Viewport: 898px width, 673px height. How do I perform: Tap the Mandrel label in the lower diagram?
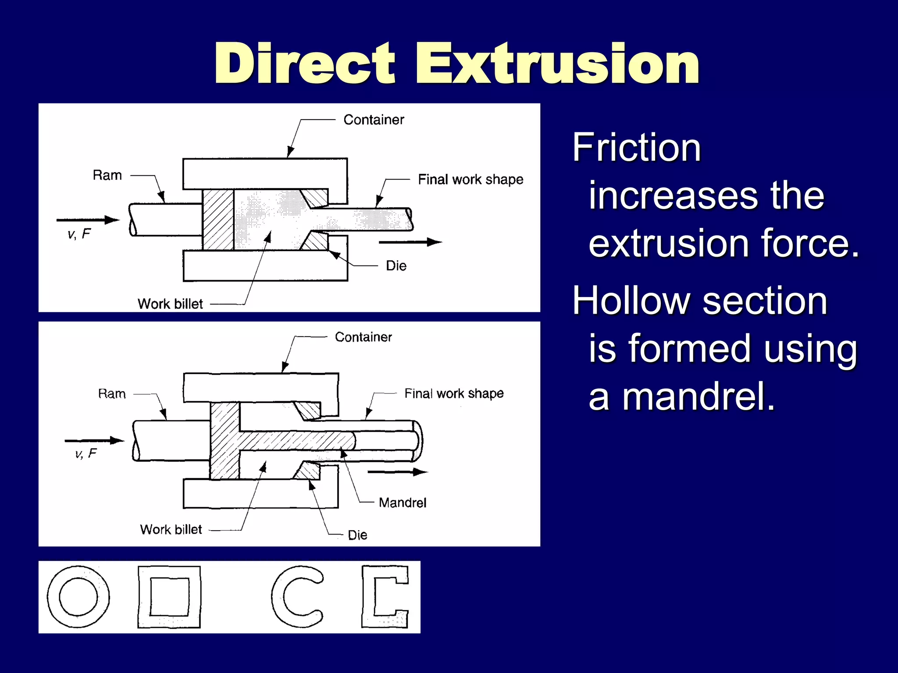coord(402,503)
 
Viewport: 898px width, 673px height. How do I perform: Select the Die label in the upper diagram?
coord(396,266)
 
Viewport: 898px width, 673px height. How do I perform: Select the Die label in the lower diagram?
coord(357,535)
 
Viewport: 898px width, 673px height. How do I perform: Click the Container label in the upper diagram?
coord(374,120)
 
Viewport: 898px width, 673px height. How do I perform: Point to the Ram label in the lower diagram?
coord(112,394)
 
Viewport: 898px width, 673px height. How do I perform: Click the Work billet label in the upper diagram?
coord(170,304)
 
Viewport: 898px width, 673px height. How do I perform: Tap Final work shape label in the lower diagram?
coord(454,393)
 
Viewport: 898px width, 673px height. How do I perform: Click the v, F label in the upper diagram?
coord(79,234)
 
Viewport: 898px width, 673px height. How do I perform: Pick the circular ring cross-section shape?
coord(78,597)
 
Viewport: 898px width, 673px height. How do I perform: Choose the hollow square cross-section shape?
coord(169,597)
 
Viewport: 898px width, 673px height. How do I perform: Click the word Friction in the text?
coord(637,148)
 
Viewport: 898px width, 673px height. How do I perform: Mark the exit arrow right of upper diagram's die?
coord(410,242)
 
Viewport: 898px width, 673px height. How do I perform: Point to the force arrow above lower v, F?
coord(94,440)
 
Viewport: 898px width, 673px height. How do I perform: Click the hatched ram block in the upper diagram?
coord(218,220)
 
